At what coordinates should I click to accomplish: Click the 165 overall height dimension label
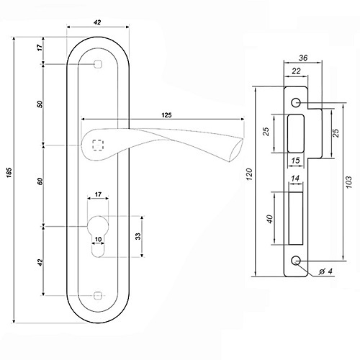(x=9, y=173)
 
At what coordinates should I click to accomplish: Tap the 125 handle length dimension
(x=166, y=115)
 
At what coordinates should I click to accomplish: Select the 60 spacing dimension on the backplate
(x=40, y=181)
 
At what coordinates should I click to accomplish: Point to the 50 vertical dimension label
(x=40, y=104)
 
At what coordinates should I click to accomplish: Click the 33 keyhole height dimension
(x=138, y=236)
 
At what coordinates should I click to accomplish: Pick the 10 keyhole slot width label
(x=98, y=239)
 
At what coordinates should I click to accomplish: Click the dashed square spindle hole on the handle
(x=98, y=145)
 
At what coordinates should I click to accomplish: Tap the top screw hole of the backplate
(x=98, y=64)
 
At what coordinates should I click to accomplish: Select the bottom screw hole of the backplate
(x=98, y=295)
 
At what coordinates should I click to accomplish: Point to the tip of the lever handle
(x=243, y=138)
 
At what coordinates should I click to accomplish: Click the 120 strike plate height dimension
(x=250, y=174)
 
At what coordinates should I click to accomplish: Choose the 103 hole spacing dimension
(x=349, y=182)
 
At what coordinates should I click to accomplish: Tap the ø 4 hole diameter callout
(x=325, y=271)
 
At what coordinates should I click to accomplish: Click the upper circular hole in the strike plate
(x=296, y=102)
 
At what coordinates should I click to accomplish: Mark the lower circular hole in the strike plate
(x=296, y=261)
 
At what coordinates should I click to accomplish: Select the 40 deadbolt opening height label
(x=270, y=219)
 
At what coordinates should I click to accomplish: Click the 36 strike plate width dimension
(x=303, y=58)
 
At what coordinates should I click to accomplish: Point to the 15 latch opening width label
(x=295, y=161)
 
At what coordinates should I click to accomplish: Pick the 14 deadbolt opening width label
(x=295, y=179)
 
